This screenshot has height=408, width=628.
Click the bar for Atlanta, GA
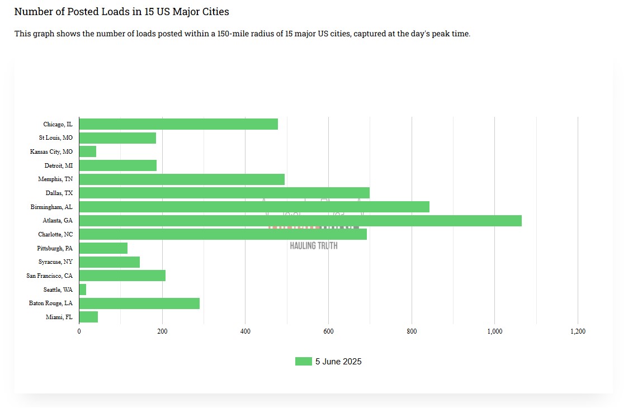point(300,221)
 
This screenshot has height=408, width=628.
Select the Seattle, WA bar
point(83,290)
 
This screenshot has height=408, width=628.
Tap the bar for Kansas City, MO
point(88,151)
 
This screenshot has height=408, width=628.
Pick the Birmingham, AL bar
point(254,207)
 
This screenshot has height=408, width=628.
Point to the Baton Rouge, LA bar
point(139,303)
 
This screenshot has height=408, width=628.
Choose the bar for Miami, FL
point(88,317)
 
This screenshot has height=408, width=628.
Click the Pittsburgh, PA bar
point(103,248)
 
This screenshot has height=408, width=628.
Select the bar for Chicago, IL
point(178,124)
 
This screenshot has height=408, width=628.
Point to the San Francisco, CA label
point(50,276)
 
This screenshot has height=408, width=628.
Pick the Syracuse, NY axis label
point(55,262)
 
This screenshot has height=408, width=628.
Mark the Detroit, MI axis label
point(59,165)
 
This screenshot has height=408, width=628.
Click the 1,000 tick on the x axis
point(494,331)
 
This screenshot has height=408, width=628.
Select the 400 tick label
point(245,331)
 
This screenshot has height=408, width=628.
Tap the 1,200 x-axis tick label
point(578,331)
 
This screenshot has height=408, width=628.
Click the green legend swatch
point(303,362)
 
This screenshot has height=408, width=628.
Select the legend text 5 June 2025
point(338,362)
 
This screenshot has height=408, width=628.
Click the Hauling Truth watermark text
point(314,245)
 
